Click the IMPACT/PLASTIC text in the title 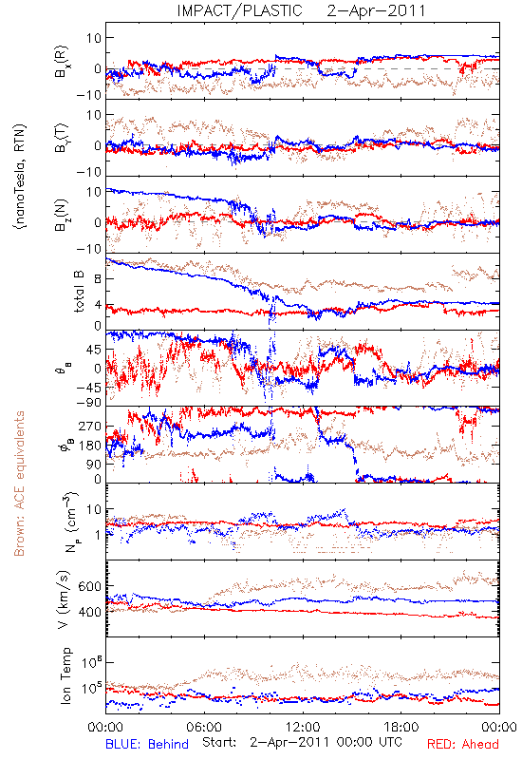(x=239, y=10)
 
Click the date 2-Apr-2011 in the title (x=376, y=10)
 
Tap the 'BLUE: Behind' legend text (x=147, y=744)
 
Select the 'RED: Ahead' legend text (x=462, y=744)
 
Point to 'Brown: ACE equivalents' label (x=19, y=484)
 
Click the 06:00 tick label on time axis (x=204, y=728)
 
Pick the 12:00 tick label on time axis (x=303, y=728)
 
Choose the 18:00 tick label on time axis (x=401, y=728)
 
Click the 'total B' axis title (x=79, y=292)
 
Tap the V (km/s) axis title (x=64, y=599)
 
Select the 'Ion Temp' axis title (x=65, y=675)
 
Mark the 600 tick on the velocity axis (x=89, y=586)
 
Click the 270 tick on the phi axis (x=89, y=427)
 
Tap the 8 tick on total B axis (x=98, y=278)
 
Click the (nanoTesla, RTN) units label (x=20, y=177)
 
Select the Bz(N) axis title (x=62, y=215)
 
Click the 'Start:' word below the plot (x=219, y=742)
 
